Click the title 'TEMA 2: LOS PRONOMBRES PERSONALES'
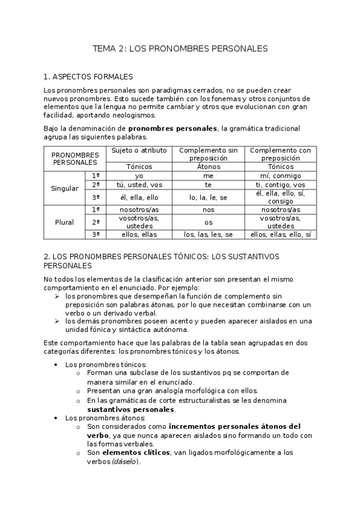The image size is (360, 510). pos(180,48)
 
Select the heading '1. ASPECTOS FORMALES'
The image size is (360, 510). pos(88,77)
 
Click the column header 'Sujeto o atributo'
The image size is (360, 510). pos(139,150)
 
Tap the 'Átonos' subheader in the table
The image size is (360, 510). pos(209,166)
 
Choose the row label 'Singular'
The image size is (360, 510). pos(65,188)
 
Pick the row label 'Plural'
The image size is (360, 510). pos(65,222)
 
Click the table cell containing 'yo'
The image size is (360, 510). pos(139,176)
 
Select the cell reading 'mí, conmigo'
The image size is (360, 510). pos(280,176)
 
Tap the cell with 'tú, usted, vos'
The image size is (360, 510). pos(139,185)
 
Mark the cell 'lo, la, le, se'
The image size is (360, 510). pos(209,197)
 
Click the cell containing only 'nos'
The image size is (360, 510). pos(209,210)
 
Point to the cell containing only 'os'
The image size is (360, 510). pos(209,222)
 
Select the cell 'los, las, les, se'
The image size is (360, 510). pos(209,235)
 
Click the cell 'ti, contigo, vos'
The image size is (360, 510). pos(280,185)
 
